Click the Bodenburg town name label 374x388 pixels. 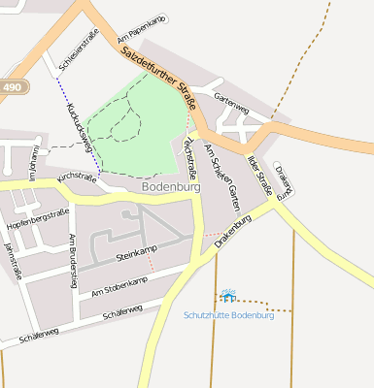[x=171, y=185]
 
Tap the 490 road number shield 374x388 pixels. [x=11, y=87]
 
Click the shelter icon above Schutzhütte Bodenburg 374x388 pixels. [x=227, y=295]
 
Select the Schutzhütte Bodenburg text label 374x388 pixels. [x=229, y=316]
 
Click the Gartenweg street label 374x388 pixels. [x=232, y=104]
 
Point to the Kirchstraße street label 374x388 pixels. [x=80, y=178]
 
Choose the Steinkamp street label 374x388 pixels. [x=136, y=256]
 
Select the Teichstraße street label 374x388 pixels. [x=189, y=158]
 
